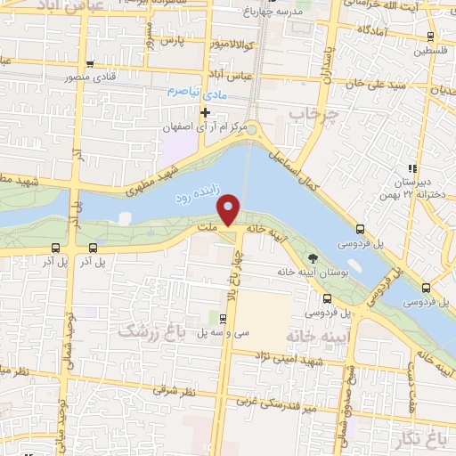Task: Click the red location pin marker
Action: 229,209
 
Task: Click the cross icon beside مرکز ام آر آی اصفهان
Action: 206,112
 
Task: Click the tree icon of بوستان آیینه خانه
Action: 311,258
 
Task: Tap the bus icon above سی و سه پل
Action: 224,317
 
